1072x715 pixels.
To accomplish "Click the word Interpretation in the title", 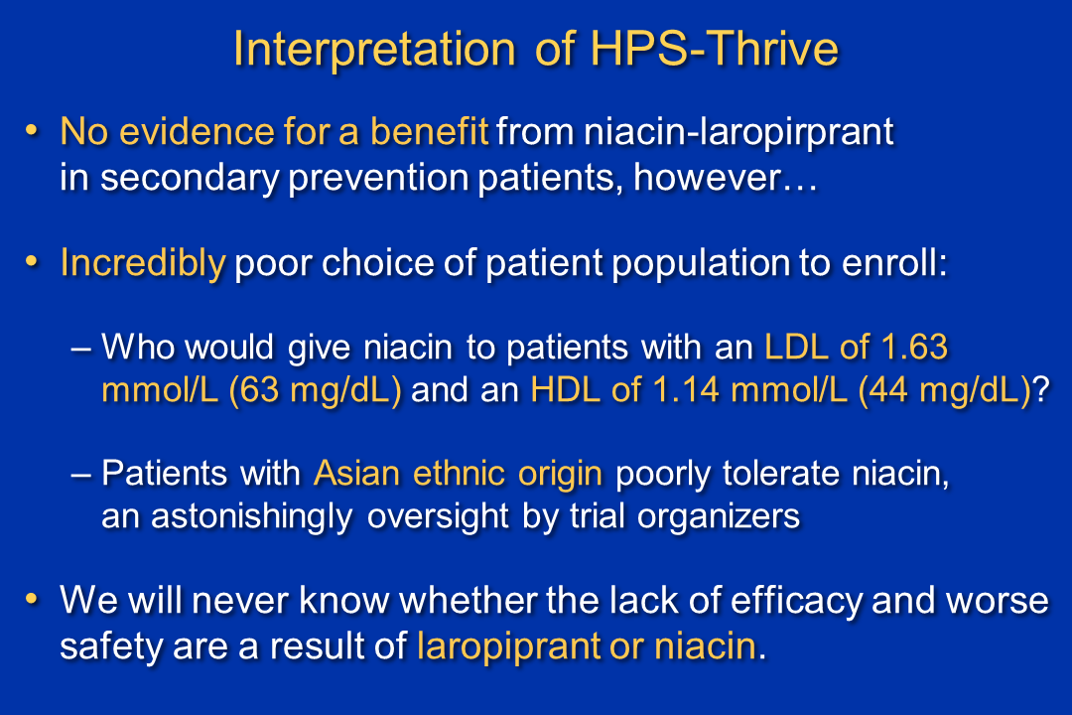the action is pos(374,50).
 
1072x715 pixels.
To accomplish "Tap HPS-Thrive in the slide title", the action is pos(714,49).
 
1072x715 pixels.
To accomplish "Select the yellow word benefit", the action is pos(430,131).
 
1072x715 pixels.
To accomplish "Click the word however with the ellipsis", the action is pos(726,178).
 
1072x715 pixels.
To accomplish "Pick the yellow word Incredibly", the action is pos(143,263).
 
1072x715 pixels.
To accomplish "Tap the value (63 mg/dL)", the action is pos(316,391).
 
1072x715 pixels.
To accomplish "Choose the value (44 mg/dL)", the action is pos(945,391).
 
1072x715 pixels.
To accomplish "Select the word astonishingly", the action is pos(251,517).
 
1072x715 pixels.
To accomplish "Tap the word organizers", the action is pos(719,517).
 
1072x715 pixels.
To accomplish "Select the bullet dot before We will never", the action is pos(32,599).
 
